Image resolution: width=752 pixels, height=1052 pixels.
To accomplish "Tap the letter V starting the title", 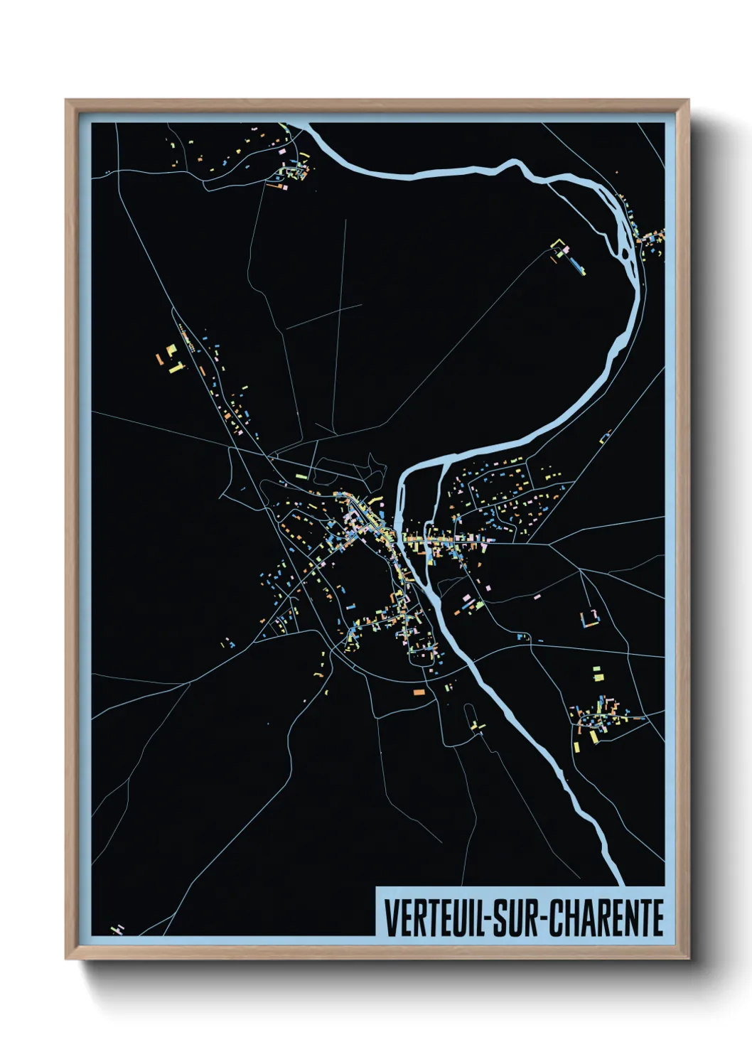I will (x=390, y=918).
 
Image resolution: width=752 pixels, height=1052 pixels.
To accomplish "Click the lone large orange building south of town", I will (x=419, y=691).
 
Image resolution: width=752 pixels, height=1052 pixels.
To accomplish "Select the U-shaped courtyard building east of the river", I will (x=589, y=618).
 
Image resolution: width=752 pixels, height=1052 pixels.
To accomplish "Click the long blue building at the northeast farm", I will (x=576, y=265).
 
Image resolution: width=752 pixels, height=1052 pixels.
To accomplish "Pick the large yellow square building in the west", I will (x=171, y=350).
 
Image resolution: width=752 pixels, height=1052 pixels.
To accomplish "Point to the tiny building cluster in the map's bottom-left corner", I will (x=117, y=929).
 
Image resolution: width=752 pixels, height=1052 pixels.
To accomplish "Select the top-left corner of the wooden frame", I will (x=67, y=101).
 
